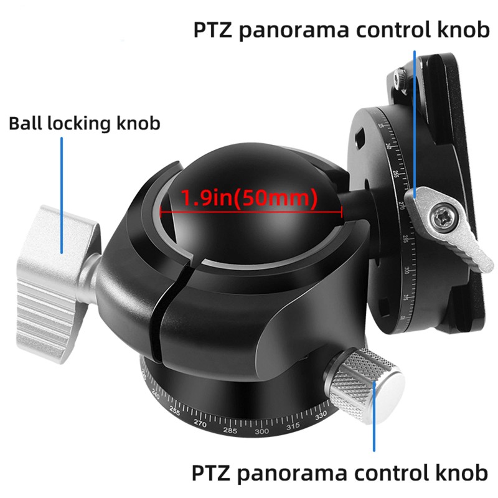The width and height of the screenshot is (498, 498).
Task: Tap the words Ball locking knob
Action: pyautogui.click(x=85, y=123)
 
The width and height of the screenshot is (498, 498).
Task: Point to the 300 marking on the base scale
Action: pyautogui.click(x=261, y=431)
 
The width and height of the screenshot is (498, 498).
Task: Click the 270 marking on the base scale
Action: pyautogui.click(x=200, y=423)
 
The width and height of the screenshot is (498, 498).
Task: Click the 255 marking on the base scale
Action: pyautogui.click(x=174, y=411)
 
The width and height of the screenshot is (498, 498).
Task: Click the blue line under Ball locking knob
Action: pyautogui.click(x=62, y=193)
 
